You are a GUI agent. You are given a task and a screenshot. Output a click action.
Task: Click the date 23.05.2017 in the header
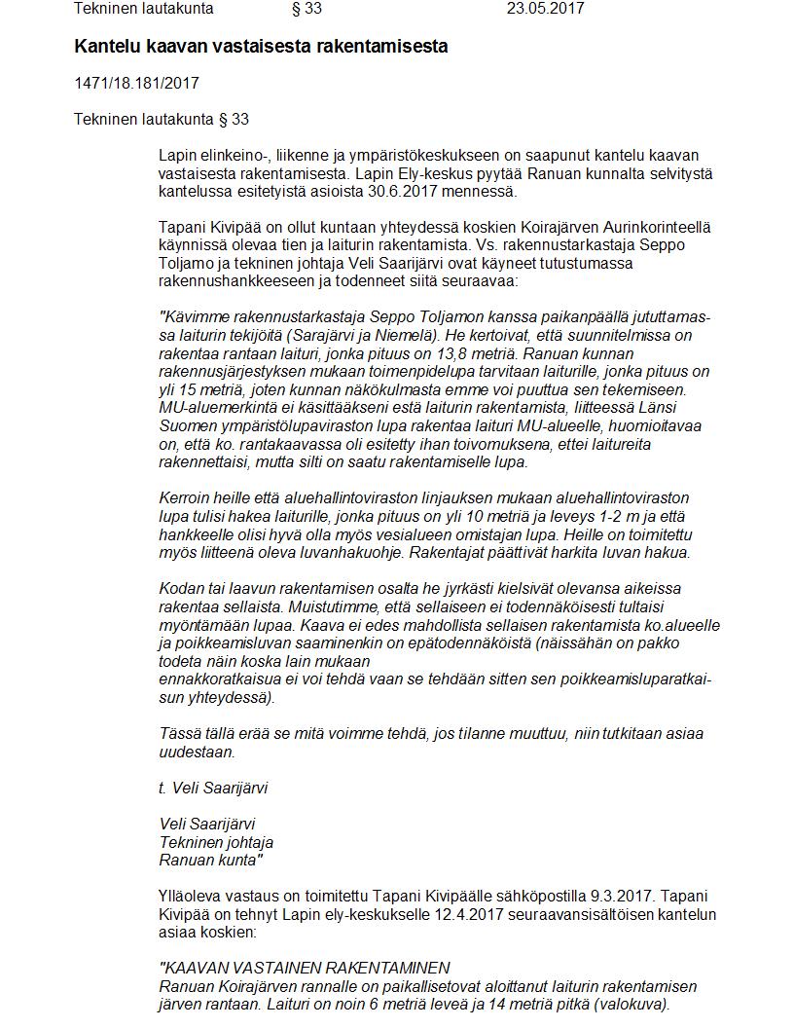[x=545, y=9]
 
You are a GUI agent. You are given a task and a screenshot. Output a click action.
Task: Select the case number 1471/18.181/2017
[x=136, y=83]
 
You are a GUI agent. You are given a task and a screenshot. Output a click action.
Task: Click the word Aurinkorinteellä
[x=657, y=227]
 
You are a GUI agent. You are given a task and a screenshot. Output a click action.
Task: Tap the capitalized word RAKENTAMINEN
[x=387, y=968]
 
